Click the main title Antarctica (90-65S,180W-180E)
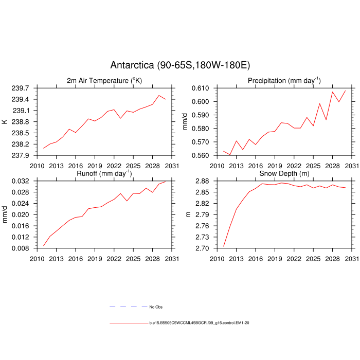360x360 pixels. (180, 65)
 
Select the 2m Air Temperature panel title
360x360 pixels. (104, 81)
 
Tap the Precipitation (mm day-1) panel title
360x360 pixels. (284, 81)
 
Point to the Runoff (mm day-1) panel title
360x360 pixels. (104, 174)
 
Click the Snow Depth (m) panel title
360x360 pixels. (284, 174)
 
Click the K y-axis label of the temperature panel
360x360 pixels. (5, 122)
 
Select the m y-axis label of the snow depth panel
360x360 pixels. (188, 215)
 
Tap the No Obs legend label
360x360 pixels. (156, 307)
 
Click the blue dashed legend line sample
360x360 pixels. (128, 307)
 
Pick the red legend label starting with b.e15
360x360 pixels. (200, 323)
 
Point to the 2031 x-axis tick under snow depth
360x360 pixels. (351, 258)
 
